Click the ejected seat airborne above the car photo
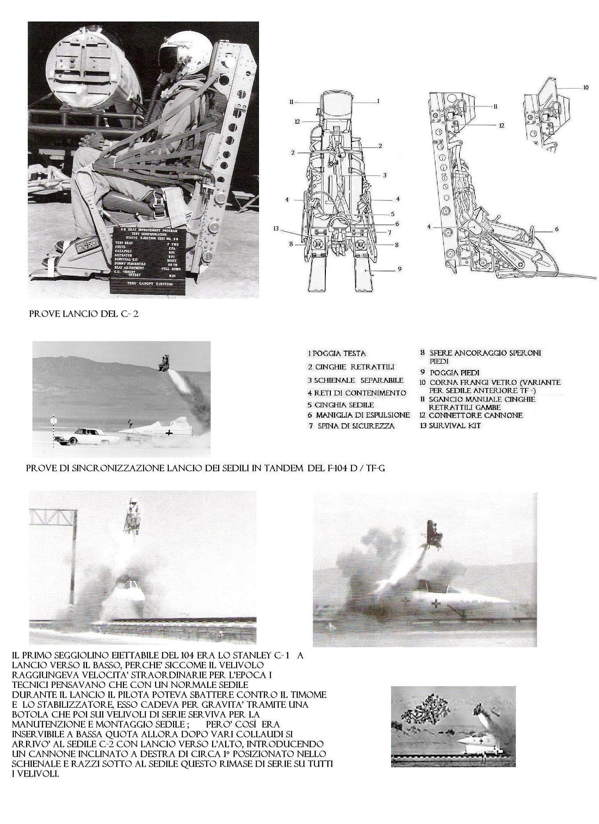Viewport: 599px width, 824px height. click(x=166, y=363)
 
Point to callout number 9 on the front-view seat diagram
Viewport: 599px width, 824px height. click(x=399, y=268)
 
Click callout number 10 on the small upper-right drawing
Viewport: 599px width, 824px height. click(x=585, y=88)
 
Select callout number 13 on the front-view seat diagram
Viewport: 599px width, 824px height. click(x=276, y=228)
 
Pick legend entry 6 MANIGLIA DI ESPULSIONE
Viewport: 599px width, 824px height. click(x=359, y=415)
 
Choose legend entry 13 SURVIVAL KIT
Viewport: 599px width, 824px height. click(x=450, y=426)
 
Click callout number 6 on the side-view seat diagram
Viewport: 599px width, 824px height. click(x=557, y=229)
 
